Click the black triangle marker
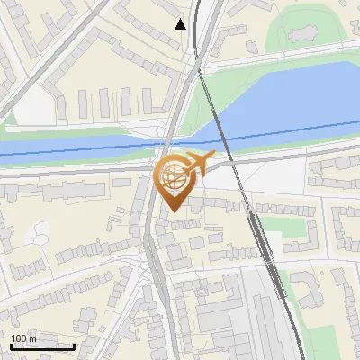click(x=181, y=23)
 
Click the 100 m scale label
click(x=23, y=338)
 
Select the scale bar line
click(x=42, y=346)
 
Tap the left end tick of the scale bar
click(x=11, y=345)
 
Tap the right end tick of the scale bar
click(x=74, y=345)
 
